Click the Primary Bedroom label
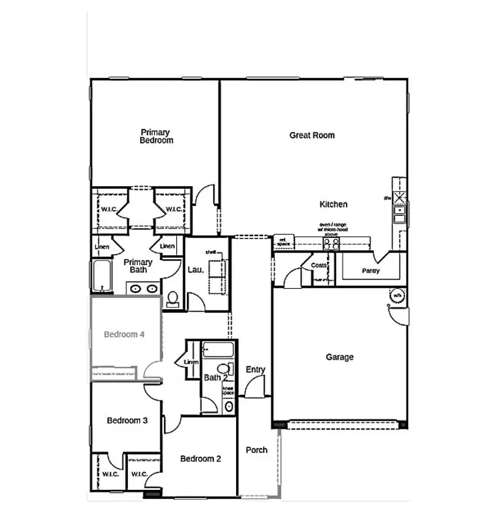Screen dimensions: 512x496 [x=156, y=136]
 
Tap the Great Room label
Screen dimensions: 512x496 [x=312, y=135]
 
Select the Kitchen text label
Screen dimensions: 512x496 [x=333, y=204]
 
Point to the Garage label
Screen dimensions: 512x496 [x=339, y=357]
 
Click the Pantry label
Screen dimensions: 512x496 [x=371, y=270]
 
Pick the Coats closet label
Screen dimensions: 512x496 [x=318, y=266]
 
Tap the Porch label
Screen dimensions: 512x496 [x=256, y=450]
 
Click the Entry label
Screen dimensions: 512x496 [x=255, y=369]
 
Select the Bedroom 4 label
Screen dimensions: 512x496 [x=124, y=334]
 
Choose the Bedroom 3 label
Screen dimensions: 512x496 [x=127, y=420]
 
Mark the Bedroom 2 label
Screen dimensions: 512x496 [x=200, y=459]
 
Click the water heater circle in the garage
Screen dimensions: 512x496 [x=396, y=296]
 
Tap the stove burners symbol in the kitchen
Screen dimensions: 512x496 [x=331, y=243]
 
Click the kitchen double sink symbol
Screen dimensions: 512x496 [x=400, y=215]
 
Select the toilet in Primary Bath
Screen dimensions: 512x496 [x=173, y=299]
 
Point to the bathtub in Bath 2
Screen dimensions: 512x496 [x=218, y=350]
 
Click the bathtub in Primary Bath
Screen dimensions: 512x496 [x=100, y=276]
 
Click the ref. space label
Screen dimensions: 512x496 [x=283, y=242]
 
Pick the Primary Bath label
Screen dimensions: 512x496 [x=138, y=266]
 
